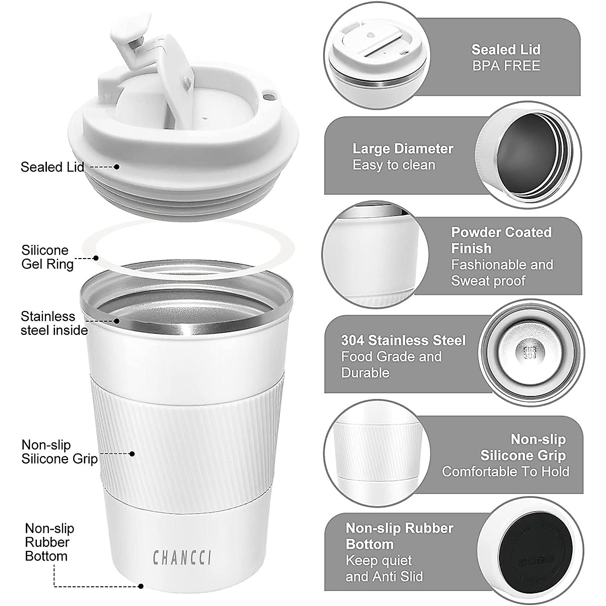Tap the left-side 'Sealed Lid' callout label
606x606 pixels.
52,167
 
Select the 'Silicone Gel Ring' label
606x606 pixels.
47,257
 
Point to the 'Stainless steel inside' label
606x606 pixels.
54,323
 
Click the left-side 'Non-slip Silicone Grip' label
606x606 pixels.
59,452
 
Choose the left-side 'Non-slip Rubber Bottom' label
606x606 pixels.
49,542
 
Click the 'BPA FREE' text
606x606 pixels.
506,66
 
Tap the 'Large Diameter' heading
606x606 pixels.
402,149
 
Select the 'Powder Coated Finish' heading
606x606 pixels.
501,240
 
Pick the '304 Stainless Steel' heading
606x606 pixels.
403,340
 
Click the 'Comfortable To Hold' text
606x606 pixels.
506,472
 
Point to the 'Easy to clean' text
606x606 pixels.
393,165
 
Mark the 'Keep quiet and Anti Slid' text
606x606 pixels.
384,569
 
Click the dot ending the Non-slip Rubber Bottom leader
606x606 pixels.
141,587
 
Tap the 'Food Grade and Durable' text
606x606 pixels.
391,365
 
